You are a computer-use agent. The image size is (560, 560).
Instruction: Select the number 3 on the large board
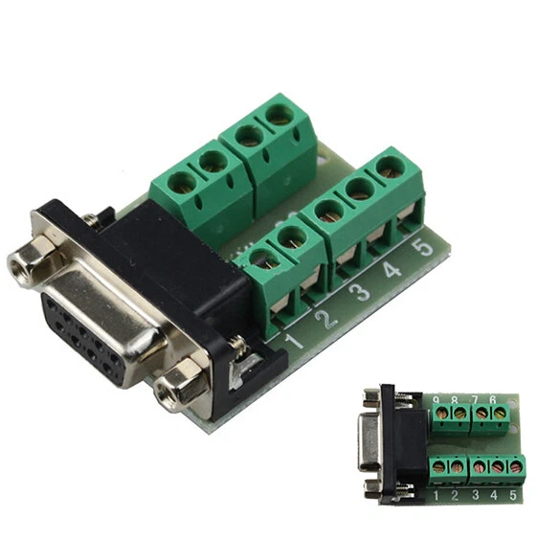coord(361,293)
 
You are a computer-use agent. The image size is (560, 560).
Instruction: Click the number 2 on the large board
coord(328,318)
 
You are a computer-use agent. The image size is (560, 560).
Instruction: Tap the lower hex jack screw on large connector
coord(179,387)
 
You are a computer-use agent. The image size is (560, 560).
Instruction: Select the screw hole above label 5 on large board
coord(390,168)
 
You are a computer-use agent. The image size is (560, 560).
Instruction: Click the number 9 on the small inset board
coord(437,400)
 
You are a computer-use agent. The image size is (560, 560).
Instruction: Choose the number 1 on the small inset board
coord(437,496)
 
